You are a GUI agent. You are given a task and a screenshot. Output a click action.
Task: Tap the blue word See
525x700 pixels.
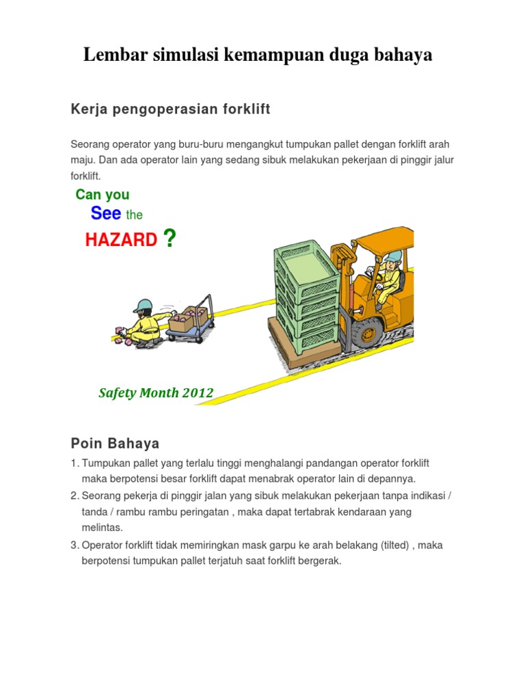click(x=106, y=213)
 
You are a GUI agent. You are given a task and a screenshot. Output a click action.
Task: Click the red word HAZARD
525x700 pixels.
click(x=121, y=240)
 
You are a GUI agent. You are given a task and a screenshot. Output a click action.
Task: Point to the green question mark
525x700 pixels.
click(x=170, y=239)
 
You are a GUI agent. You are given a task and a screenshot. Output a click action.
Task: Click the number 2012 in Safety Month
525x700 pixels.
click(x=198, y=393)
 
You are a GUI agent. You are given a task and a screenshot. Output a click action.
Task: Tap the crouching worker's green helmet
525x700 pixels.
click(x=143, y=305)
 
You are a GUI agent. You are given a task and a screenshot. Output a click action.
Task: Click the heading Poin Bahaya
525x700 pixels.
click(x=115, y=444)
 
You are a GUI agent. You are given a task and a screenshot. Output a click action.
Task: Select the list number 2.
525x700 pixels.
click(x=75, y=495)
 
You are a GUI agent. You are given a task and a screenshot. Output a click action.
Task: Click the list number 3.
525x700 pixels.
click(x=75, y=546)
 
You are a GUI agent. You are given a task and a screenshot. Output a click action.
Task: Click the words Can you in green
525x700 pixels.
click(x=103, y=195)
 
